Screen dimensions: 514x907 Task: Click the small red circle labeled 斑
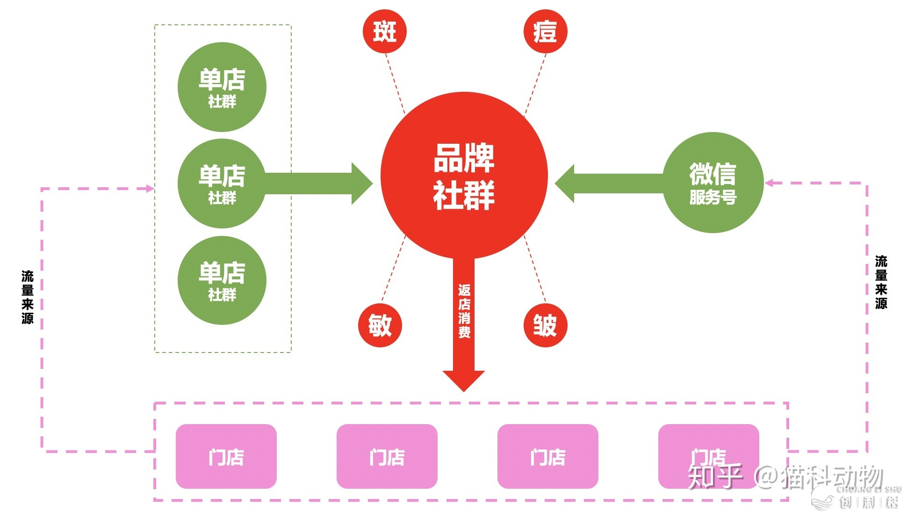385,32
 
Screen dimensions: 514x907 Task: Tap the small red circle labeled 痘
545,32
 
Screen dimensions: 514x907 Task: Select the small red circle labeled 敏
380,325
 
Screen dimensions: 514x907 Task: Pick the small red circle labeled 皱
545,325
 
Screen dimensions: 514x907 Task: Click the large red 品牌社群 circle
464,176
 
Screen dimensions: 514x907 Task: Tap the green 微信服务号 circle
713,183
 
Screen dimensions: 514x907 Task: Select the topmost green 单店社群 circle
222,87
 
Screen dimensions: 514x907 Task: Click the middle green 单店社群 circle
222,184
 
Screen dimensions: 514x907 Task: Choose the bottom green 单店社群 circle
222,280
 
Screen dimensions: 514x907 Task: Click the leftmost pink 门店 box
226,456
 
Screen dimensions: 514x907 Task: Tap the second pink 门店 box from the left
387,456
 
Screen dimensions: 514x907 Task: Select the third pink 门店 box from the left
548,456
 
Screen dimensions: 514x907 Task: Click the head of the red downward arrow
463,380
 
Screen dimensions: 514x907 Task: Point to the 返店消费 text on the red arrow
464,311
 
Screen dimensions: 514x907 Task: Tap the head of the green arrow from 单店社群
362,184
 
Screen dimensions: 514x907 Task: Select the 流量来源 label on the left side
28,297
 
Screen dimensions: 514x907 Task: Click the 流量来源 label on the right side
881,282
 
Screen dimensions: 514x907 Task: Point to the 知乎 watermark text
715,477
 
